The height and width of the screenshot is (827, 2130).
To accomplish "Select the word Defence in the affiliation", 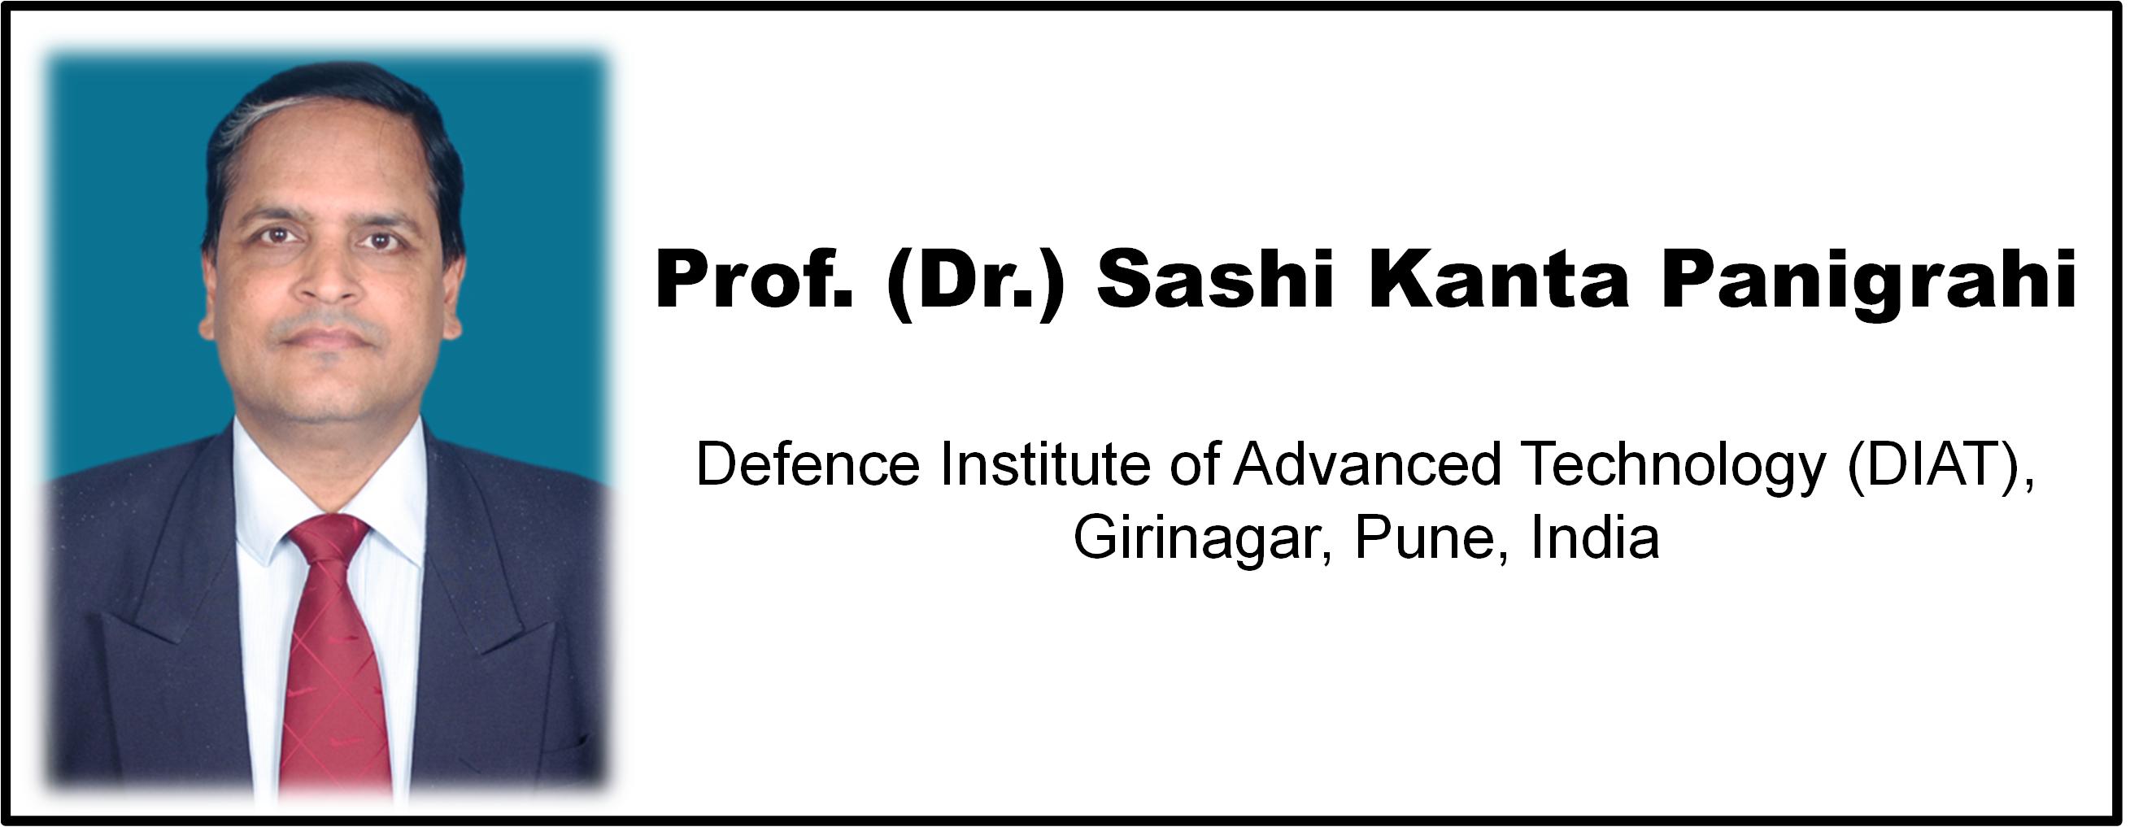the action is (x=808, y=464).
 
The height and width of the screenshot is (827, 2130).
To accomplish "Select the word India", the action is (x=1596, y=538).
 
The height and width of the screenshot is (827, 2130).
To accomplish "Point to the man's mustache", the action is (x=329, y=321).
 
